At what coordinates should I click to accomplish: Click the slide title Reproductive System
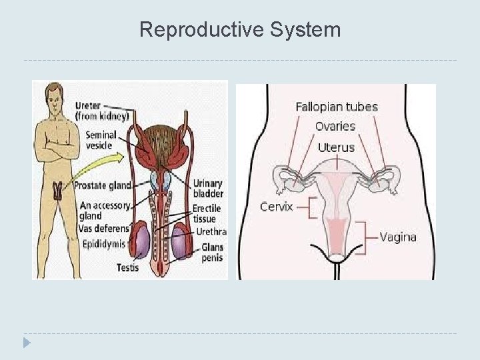pos(240,30)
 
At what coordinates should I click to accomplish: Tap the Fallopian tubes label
pos(337,107)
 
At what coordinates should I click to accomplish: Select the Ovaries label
pos(335,126)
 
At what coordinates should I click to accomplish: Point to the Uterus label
pos(336,147)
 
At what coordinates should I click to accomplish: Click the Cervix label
pos(276,207)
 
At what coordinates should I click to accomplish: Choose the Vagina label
pos(398,236)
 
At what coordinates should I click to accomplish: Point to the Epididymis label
pos(104,244)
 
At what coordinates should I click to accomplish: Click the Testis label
pos(127,268)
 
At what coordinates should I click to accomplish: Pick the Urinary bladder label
pos(208,189)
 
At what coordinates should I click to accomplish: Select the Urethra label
pos(211,232)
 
